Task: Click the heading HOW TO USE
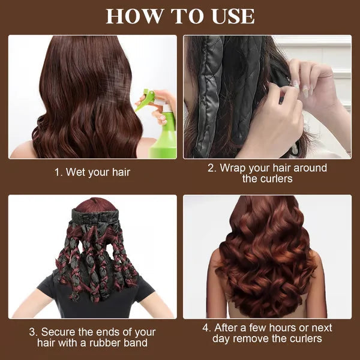click(180, 16)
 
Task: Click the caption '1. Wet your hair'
click(92, 172)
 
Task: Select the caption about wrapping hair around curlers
click(267, 173)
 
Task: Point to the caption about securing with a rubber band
click(92, 337)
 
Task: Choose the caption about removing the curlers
click(267, 333)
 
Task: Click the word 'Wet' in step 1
click(76, 172)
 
